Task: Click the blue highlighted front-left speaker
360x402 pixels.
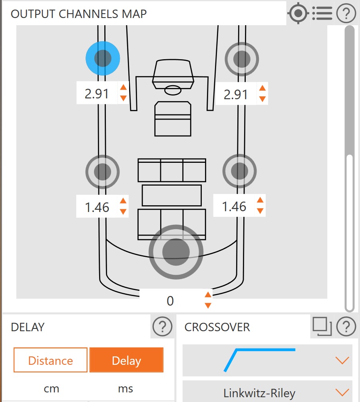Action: [103, 58]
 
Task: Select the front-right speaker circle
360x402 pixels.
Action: [242, 59]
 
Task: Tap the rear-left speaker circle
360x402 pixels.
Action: [102, 172]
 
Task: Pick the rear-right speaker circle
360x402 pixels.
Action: [239, 171]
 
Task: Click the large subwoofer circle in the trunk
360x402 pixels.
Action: [176, 252]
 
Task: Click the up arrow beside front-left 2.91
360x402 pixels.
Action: [123, 88]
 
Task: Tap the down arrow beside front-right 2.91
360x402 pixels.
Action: [262, 99]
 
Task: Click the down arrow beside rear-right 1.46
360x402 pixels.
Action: [260, 211]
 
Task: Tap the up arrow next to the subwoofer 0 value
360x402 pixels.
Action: [208, 295]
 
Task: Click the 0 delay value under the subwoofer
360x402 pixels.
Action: [170, 301]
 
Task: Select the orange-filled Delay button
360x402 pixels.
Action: [127, 360]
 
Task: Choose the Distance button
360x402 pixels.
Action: [50, 360]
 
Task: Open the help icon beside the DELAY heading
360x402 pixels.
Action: [162, 326]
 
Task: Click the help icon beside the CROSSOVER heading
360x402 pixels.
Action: [346, 326]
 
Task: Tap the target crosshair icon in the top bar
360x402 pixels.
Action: [298, 13]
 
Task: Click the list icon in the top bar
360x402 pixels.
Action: [322, 13]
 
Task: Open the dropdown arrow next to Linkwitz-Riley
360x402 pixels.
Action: [342, 392]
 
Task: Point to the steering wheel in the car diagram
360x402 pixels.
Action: [173, 90]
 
